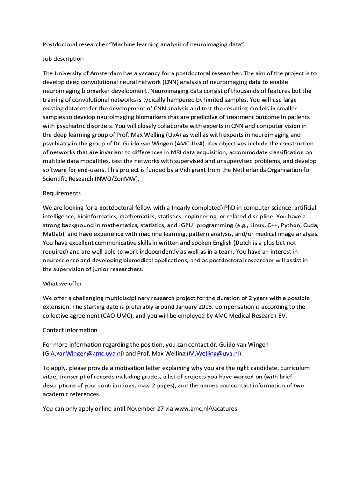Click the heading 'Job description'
[x=63, y=59]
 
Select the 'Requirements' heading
[x=62, y=193]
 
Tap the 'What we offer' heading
[x=62, y=283]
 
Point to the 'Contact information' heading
[x=70, y=330]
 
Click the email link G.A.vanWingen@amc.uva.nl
[x=83, y=354]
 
